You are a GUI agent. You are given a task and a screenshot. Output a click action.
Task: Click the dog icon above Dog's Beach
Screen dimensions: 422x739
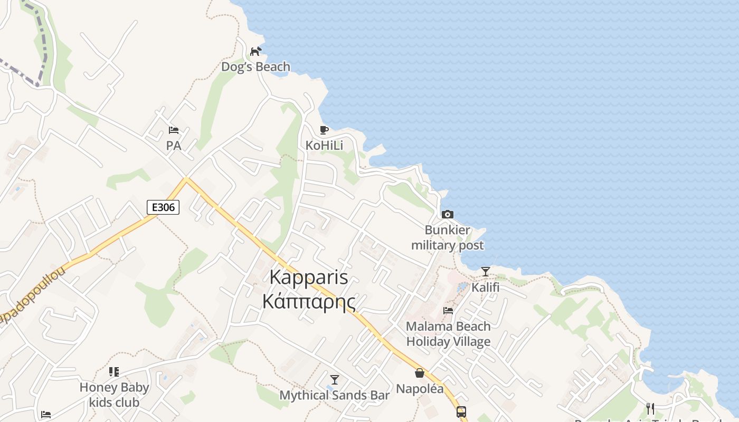pyautogui.click(x=255, y=51)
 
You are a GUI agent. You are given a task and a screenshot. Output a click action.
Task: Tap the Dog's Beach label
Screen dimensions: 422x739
pyautogui.click(x=255, y=67)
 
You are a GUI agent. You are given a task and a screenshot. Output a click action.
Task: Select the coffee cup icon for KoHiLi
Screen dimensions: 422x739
pyautogui.click(x=324, y=130)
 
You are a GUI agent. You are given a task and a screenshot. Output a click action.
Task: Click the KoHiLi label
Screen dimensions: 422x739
pyautogui.click(x=324, y=145)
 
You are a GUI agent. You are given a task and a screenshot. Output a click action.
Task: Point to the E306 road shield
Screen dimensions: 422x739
pyautogui.click(x=163, y=207)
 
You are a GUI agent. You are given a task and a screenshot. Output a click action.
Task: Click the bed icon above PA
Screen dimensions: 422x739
pyautogui.click(x=173, y=130)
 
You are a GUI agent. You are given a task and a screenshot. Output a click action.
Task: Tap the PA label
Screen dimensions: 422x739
pyautogui.click(x=173, y=146)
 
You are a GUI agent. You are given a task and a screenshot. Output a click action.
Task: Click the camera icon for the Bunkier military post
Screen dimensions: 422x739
pyautogui.click(x=447, y=214)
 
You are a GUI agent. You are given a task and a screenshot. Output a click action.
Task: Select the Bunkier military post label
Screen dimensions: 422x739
pyautogui.click(x=447, y=238)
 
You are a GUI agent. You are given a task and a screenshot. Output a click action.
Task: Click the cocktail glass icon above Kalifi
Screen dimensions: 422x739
pyautogui.click(x=485, y=272)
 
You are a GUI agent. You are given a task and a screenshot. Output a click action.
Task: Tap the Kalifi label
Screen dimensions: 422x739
pyautogui.click(x=485, y=287)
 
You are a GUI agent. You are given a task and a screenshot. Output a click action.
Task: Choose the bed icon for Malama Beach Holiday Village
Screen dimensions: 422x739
pyautogui.click(x=448, y=311)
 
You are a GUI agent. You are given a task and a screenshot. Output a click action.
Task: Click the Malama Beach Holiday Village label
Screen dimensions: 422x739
pyautogui.click(x=448, y=334)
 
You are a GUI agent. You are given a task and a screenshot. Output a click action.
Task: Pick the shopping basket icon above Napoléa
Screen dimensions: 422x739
pyautogui.click(x=420, y=373)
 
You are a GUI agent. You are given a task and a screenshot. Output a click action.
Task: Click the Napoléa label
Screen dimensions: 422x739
pyautogui.click(x=420, y=389)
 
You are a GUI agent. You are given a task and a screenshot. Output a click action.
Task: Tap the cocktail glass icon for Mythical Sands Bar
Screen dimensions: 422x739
pyautogui.click(x=334, y=380)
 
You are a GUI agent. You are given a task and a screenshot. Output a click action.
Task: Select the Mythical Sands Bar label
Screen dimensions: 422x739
pyautogui.click(x=334, y=395)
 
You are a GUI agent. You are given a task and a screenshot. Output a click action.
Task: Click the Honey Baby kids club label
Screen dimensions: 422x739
pyautogui.click(x=114, y=395)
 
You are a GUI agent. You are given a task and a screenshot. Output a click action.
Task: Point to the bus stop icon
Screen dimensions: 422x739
pyautogui.click(x=461, y=412)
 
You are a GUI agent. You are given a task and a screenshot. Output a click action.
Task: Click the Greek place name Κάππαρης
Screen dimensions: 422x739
pyautogui.click(x=309, y=302)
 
